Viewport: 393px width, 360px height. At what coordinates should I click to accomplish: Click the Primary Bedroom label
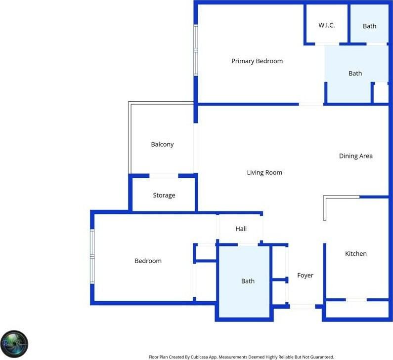257,61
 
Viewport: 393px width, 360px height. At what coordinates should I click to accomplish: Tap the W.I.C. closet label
327,25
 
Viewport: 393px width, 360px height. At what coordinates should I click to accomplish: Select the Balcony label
162,145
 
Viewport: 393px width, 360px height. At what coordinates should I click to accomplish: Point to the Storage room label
164,196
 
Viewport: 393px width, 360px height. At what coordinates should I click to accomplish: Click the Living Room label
264,173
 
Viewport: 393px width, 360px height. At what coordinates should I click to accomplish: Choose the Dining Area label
355,156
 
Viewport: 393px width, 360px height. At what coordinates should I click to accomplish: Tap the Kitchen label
355,254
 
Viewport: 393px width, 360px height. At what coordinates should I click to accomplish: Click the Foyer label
305,276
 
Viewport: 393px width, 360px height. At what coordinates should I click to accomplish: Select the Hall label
241,229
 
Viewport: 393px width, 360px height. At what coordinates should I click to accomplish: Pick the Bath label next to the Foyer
248,281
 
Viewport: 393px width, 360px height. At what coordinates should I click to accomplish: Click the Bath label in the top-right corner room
369,26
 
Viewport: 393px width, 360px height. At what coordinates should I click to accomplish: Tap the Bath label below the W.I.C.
355,74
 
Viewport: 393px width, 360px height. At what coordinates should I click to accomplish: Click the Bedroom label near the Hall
148,261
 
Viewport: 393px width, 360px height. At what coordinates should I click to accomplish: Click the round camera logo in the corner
14,344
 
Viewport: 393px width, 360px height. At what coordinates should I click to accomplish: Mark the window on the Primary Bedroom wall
196,50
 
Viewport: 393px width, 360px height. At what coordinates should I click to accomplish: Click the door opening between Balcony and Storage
164,175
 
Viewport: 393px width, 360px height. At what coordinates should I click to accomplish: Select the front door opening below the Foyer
302,307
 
